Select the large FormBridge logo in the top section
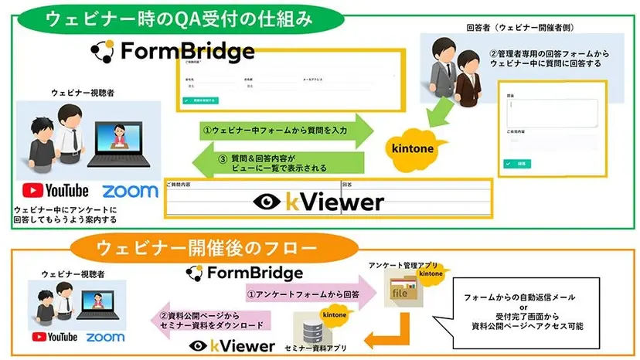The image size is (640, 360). (172, 52)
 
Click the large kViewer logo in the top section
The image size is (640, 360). (318, 202)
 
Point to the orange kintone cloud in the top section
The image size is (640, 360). (411, 145)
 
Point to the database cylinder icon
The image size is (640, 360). (315, 327)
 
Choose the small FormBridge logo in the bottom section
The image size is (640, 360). (244, 273)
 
